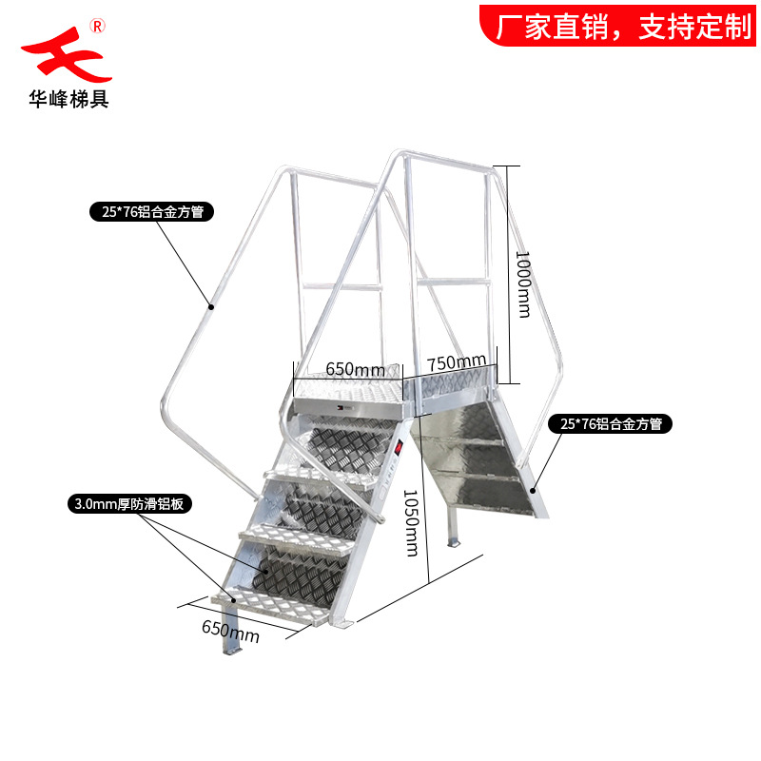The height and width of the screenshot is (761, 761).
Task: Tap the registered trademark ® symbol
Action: pos(97,24)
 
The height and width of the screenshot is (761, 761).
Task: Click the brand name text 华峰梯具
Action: pos(68,98)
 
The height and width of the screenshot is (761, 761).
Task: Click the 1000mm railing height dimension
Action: pos(522,275)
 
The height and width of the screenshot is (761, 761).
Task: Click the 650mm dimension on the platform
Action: pos(355,368)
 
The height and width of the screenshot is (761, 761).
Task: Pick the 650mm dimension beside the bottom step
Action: pos(230,628)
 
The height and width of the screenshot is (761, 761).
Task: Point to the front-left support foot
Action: pos(232,643)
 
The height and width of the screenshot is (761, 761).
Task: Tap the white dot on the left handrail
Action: pos(211,306)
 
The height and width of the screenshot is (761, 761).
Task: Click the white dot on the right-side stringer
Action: pos(534,489)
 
